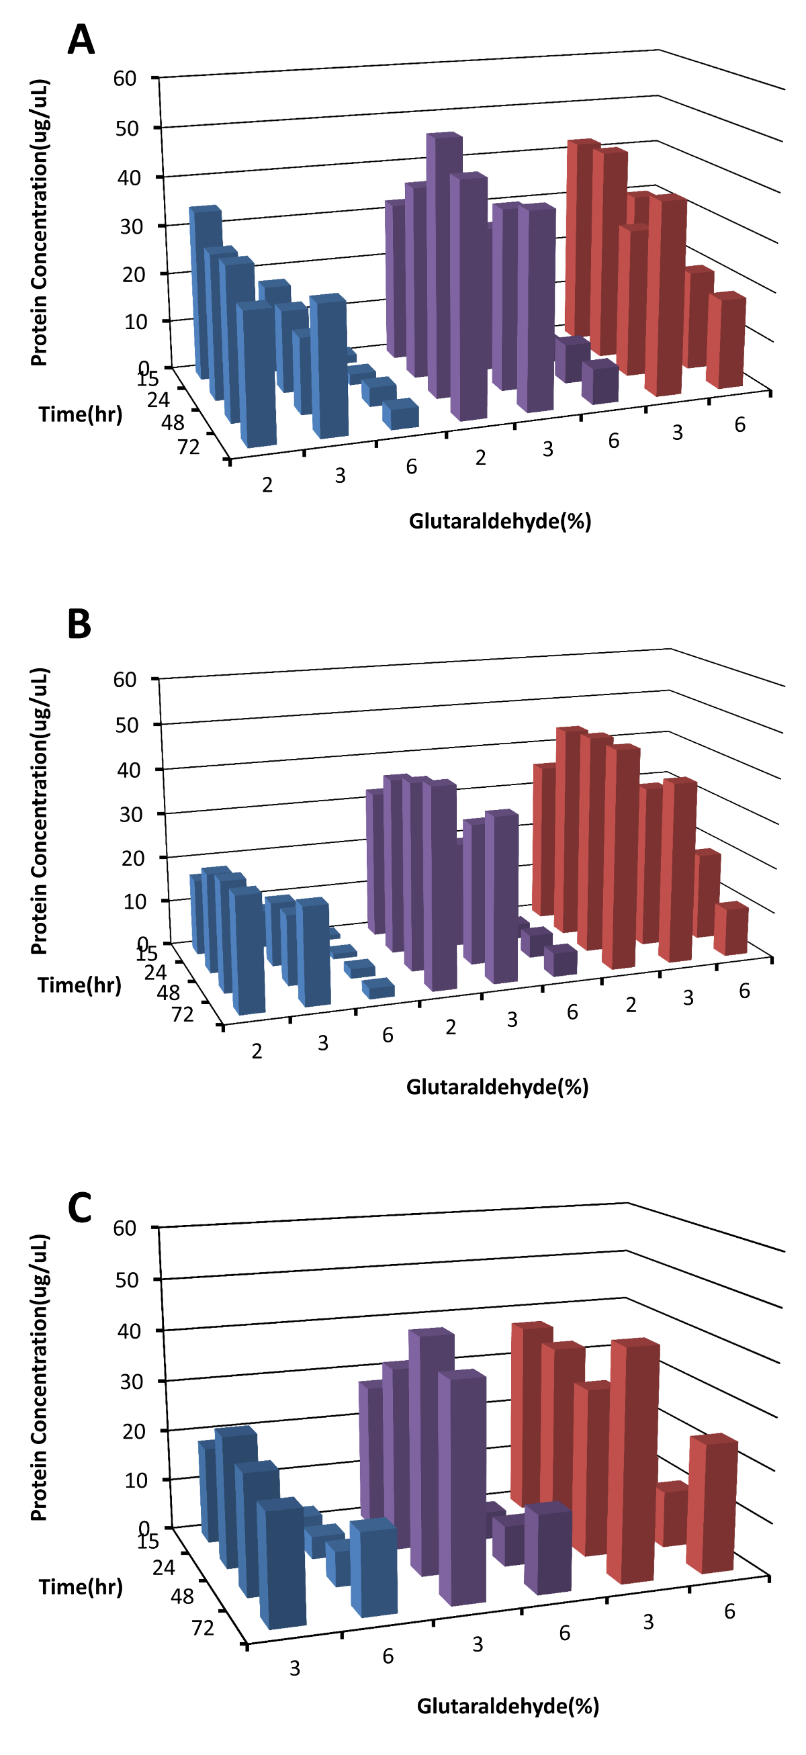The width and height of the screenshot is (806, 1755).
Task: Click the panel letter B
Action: click(x=80, y=623)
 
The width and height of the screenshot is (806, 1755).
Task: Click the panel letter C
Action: click(x=80, y=1208)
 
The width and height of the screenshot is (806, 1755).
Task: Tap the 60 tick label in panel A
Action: click(x=125, y=79)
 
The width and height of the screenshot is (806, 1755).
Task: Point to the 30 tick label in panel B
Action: click(x=132, y=814)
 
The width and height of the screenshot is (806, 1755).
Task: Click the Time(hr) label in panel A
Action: click(x=81, y=414)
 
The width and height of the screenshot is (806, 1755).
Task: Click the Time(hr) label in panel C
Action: click(x=81, y=1586)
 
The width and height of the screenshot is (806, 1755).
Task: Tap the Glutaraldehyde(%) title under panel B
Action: click(x=497, y=1087)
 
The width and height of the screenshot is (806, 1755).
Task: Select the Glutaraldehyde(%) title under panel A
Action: click(x=500, y=521)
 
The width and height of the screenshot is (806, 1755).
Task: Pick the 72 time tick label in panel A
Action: click(x=189, y=447)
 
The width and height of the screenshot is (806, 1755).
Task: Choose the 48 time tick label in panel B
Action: click(x=169, y=993)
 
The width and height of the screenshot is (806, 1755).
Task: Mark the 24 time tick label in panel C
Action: click(x=163, y=1568)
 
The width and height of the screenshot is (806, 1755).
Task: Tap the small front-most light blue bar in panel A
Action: click(x=400, y=415)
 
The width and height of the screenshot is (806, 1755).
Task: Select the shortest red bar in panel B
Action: click(x=730, y=930)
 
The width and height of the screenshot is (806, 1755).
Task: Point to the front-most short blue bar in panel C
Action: click(x=373, y=1569)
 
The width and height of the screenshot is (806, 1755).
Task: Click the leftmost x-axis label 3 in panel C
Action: click(x=294, y=1668)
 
